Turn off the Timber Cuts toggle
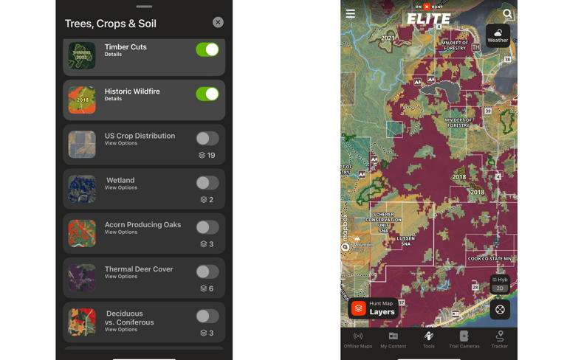pyautogui.click(x=207, y=49)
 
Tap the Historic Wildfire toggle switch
pyautogui.click(x=207, y=94)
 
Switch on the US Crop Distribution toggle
pyautogui.click(x=207, y=138)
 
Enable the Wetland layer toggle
pyautogui.click(x=207, y=182)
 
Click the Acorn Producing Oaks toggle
pyautogui.click(x=207, y=226)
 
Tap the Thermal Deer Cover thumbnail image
pyautogui.click(x=82, y=278)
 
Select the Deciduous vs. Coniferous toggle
pyautogui.click(x=207, y=316)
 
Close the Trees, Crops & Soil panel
pyautogui.click(x=218, y=22)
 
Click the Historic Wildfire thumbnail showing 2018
pyautogui.click(x=82, y=100)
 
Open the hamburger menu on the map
pyautogui.click(x=351, y=13)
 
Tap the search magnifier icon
pyautogui.click(x=507, y=13)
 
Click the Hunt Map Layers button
pyautogui.click(x=374, y=308)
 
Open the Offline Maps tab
pyautogui.click(x=358, y=340)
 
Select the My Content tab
pyautogui.click(x=393, y=340)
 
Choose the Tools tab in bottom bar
pyautogui.click(x=428, y=340)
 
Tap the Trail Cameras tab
pyautogui.click(x=464, y=340)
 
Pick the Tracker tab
pyautogui.click(x=500, y=340)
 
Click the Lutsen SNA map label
pyautogui.click(x=405, y=240)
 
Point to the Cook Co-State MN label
pyautogui.click(x=488, y=259)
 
